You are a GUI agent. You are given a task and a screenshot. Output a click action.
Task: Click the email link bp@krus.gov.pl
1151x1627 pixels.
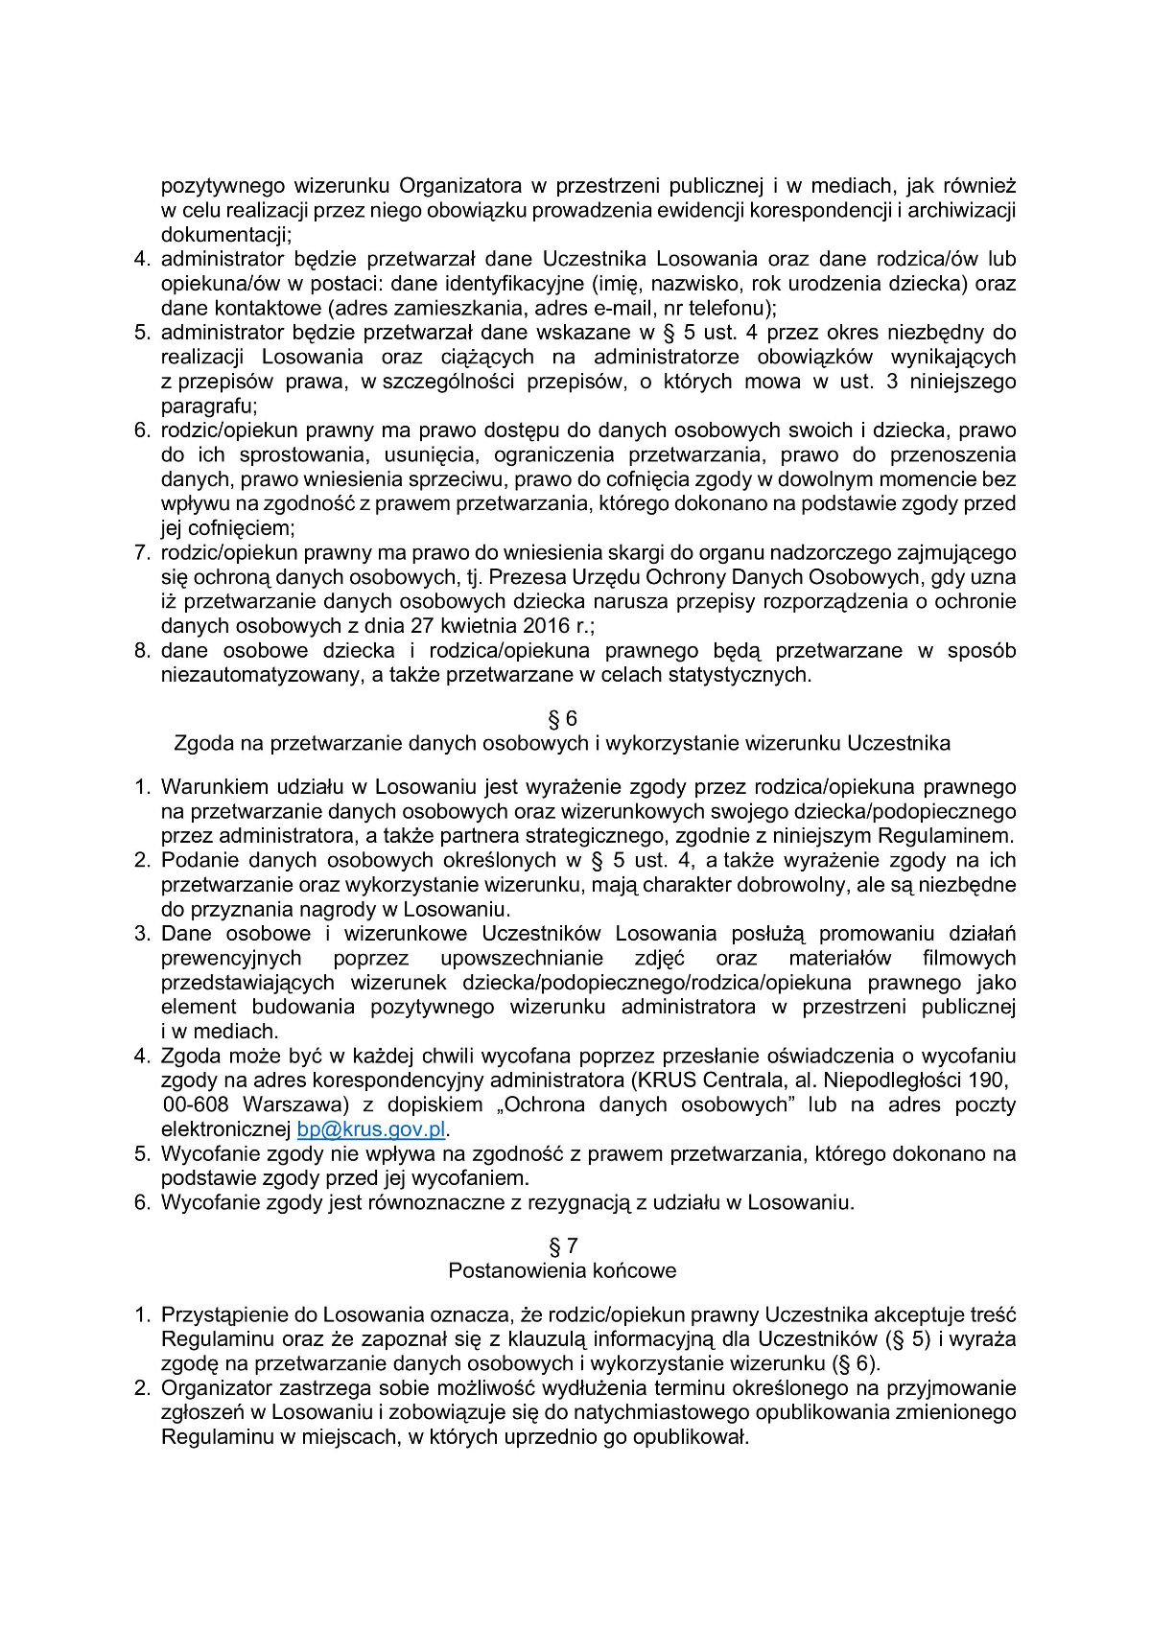pyautogui.click(x=371, y=1129)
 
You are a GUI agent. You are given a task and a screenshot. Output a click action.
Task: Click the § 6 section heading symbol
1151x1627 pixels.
pyautogui.click(x=562, y=719)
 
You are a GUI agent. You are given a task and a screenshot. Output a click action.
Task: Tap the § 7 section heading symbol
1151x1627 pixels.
pyautogui.click(x=562, y=1246)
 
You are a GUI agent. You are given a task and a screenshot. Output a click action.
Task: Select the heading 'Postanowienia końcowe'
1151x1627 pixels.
pyautogui.click(x=562, y=1271)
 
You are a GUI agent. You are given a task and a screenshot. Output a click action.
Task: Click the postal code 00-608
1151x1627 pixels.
pyautogui.click(x=197, y=1104)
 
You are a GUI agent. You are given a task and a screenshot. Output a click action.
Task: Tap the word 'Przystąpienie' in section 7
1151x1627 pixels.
pyautogui.click(x=222, y=1314)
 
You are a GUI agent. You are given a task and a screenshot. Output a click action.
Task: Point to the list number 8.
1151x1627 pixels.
pyautogui.click(x=142, y=651)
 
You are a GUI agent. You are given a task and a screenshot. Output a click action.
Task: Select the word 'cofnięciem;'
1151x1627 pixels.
pyautogui.click(x=227, y=528)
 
